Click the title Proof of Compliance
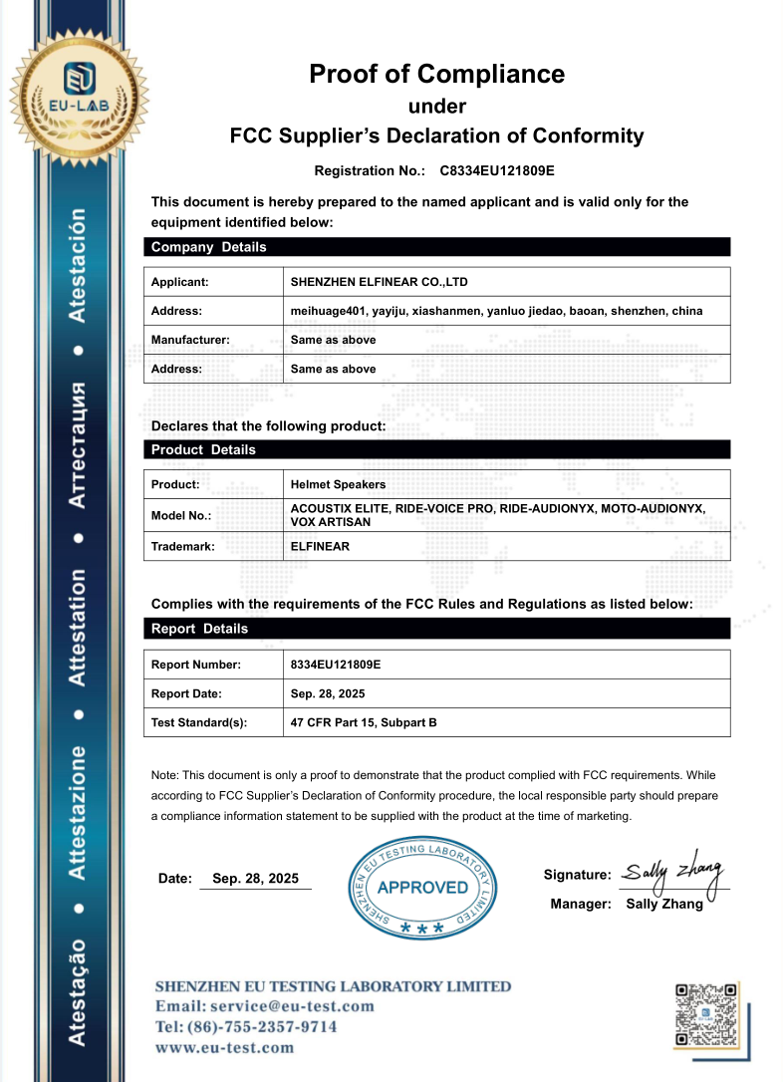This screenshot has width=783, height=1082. (x=436, y=74)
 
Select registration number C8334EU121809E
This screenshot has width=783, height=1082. (x=497, y=171)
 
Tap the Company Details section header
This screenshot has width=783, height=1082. (x=208, y=247)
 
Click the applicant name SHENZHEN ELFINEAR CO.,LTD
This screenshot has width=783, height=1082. (x=379, y=282)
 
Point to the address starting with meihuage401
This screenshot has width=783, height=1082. (x=496, y=311)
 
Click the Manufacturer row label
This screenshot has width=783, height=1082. (x=190, y=340)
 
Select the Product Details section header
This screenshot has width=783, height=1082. (x=203, y=449)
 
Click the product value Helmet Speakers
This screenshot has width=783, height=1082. (x=338, y=484)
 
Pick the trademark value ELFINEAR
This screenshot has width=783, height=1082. (x=320, y=546)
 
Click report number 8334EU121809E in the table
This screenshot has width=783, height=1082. (x=336, y=665)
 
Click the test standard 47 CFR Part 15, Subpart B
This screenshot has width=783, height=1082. (x=364, y=722)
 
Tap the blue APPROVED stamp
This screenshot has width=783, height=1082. (x=423, y=887)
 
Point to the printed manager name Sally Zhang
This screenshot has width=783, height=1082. (x=664, y=905)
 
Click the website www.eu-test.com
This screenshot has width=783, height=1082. (x=224, y=1047)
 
